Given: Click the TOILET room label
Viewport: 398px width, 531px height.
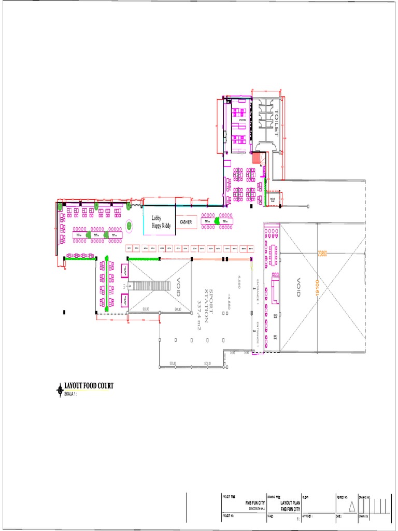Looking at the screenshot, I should [x=277, y=123].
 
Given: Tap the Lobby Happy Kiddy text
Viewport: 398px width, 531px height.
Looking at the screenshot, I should [x=161, y=222].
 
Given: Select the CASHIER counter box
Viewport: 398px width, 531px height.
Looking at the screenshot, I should [x=186, y=222].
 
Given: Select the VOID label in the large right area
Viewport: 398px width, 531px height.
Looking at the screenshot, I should [x=298, y=287].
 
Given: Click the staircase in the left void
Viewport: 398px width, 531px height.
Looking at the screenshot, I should [x=149, y=286].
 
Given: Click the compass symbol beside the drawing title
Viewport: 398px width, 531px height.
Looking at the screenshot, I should [x=59, y=389].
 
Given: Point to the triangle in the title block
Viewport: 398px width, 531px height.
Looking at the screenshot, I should [x=352, y=506].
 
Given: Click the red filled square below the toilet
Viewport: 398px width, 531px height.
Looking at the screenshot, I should [x=255, y=158].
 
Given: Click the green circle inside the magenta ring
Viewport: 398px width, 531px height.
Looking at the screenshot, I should [x=129, y=226].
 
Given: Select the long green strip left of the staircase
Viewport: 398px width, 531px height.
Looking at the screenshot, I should [x=106, y=283].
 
